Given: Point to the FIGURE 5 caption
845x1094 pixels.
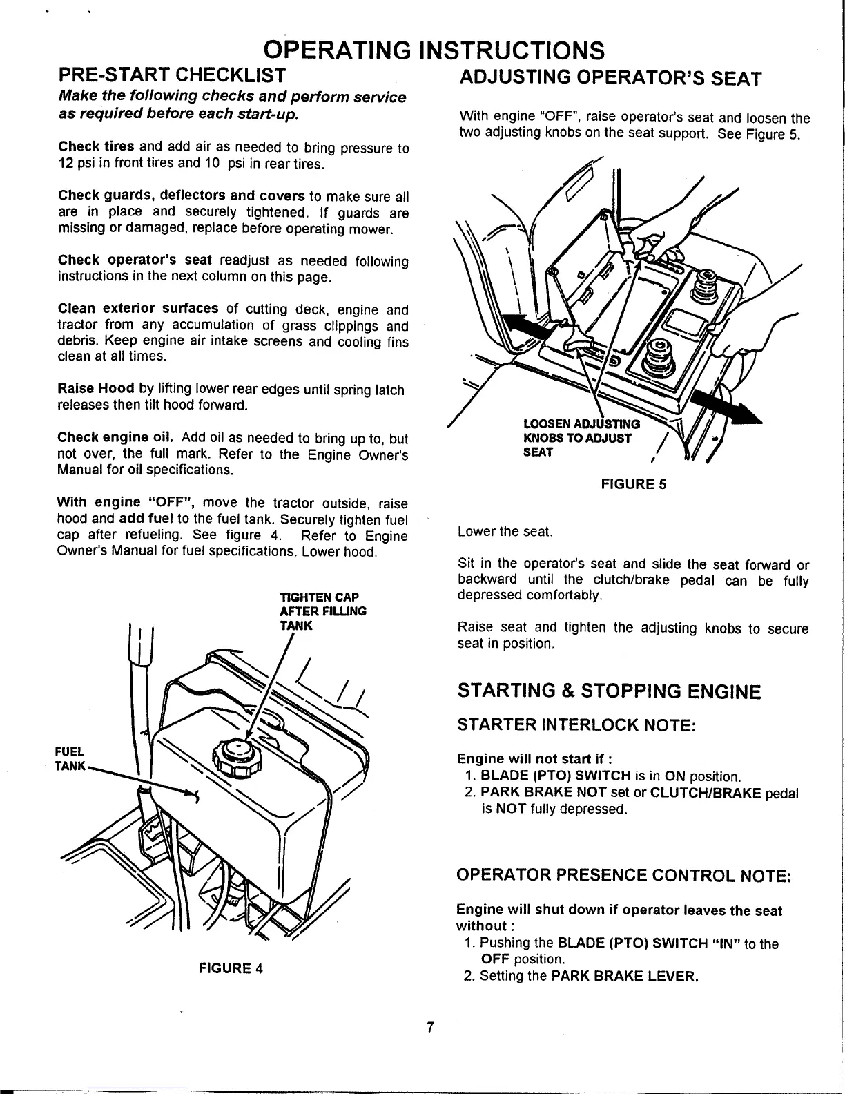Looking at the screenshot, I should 633,483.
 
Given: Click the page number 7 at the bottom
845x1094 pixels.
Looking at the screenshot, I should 429,1028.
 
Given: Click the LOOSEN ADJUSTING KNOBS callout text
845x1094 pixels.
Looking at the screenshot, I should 582,438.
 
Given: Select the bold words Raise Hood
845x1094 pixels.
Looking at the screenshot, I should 95,390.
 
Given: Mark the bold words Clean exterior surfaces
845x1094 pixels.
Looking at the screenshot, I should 138,309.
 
